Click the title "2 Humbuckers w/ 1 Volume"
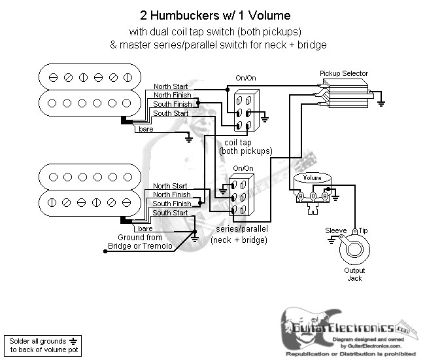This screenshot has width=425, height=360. point(214,14)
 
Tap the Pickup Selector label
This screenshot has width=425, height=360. point(343,73)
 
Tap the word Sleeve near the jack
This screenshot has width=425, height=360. point(336,230)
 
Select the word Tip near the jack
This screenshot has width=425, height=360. point(362,230)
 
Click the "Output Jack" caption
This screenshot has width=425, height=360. point(354,275)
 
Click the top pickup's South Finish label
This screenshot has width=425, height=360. point(172,104)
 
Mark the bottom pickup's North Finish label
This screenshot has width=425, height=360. point(172,194)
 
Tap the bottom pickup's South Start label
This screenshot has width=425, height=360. point(170,213)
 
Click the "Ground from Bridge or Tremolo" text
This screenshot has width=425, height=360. point(140,242)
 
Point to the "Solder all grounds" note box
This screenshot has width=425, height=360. point(41,344)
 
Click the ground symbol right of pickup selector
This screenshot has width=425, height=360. point(381,101)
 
